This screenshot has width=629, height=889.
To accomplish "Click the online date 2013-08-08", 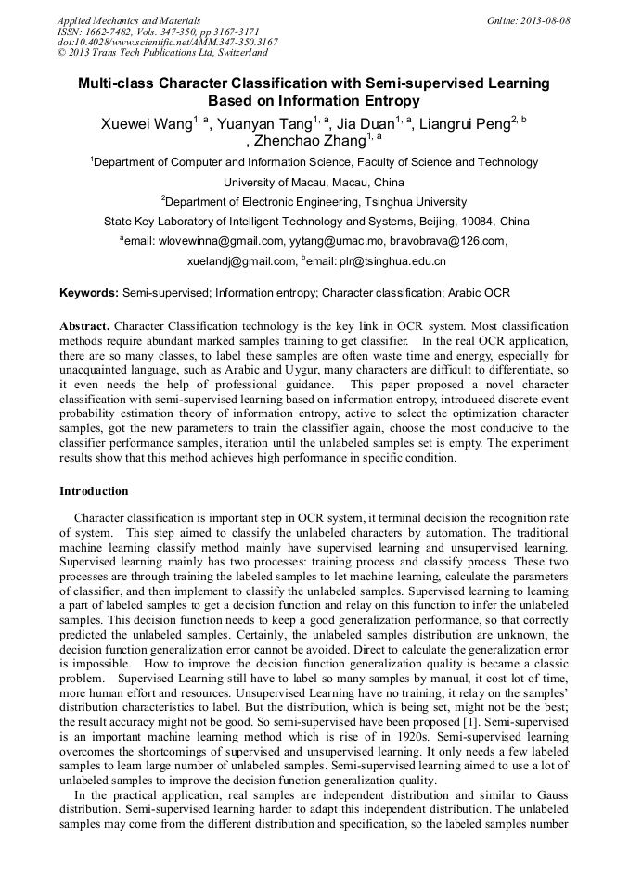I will pos(546,20).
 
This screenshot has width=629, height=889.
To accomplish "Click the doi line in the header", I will pos(167,42).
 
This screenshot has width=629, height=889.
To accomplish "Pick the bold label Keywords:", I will pos(89,293).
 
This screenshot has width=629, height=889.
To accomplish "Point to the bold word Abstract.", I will pos(84,327).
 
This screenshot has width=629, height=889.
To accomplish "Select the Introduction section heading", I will pos(94,491).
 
